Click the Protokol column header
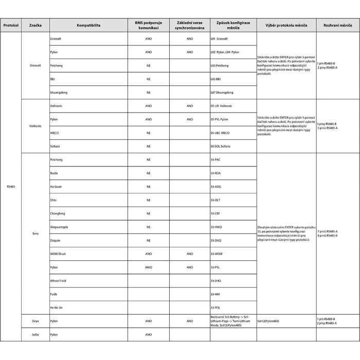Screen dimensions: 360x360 click(11, 25)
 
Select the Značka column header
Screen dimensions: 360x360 click(35, 25)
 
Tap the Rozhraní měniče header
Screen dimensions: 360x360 click(338, 25)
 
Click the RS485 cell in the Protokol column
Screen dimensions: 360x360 click(11, 186)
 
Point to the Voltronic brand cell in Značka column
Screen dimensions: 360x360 click(35, 126)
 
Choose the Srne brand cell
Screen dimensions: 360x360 click(35, 233)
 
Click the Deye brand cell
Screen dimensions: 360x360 click(35, 321)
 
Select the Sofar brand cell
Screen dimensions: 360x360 click(35, 334)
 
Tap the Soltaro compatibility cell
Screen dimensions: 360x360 click(55, 146)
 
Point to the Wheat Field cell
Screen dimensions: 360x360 click(58, 281)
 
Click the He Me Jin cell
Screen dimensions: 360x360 click(57, 308)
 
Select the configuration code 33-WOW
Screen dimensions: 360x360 click(217, 254)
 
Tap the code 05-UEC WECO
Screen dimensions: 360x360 click(220, 133)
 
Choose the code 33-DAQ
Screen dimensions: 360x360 click(216, 241)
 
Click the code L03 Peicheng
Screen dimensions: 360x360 click(220, 66)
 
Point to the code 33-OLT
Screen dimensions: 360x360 click(215, 200)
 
